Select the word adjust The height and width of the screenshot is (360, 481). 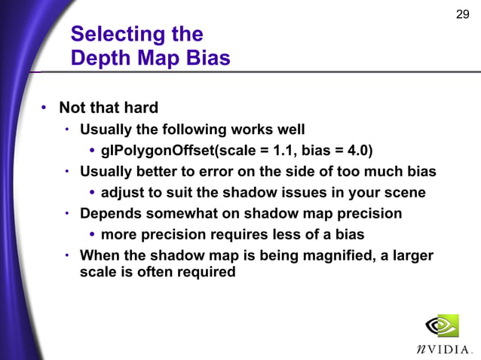pyautogui.click(x=123, y=193)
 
